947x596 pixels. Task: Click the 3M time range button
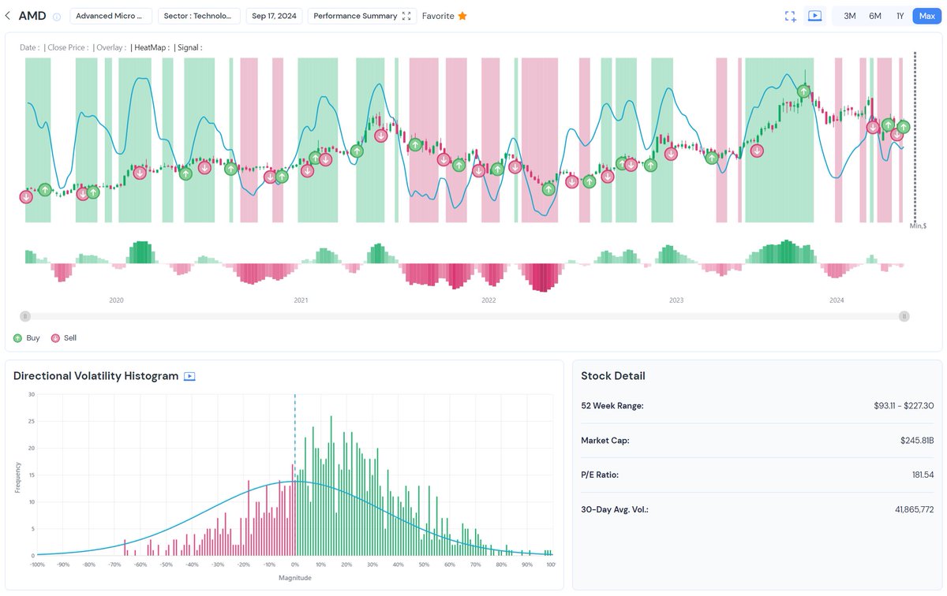pyautogui.click(x=849, y=16)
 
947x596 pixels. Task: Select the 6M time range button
pyautogui.click(x=874, y=16)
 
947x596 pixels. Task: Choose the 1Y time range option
pyautogui.click(x=900, y=16)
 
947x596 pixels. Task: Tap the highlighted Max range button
pyautogui.click(x=926, y=16)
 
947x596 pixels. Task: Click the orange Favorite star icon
pyautogui.click(x=462, y=16)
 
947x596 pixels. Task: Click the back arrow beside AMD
pyautogui.click(x=8, y=16)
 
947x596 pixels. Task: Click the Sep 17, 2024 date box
pyautogui.click(x=274, y=16)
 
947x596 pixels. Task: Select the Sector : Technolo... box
pyautogui.click(x=199, y=16)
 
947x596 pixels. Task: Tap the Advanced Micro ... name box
pyautogui.click(x=110, y=16)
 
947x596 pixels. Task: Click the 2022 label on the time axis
pyautogui.click(x=488, y=300)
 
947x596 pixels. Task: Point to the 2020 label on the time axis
pyautogui.click(x=116, y=300)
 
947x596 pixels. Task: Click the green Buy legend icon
pyautogui.click(x=18, y=338)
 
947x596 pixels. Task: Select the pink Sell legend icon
pyautogui.click(x=55, y=338)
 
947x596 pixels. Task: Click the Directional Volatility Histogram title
pyautogui.click(x=95, y=376)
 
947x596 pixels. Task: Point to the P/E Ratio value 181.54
pyautogui.click(x=923, y=475)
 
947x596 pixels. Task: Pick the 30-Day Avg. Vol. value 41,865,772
pyautogui.click(x=914, y=509)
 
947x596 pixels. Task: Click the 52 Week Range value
pyautogui.click(x=900, y=405)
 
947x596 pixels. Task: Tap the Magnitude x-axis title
pyautogui.click(x=294, y=578)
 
